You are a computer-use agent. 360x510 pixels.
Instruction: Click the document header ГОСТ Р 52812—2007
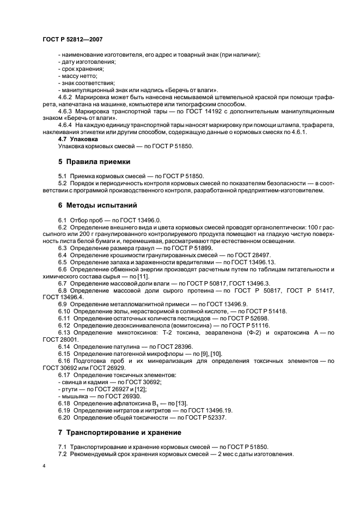[72, 40]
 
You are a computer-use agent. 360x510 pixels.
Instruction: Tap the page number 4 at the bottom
[43, 466]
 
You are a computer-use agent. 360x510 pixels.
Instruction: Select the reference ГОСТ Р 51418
[260, 311]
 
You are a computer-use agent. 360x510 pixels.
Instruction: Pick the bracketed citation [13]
[164, 403]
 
